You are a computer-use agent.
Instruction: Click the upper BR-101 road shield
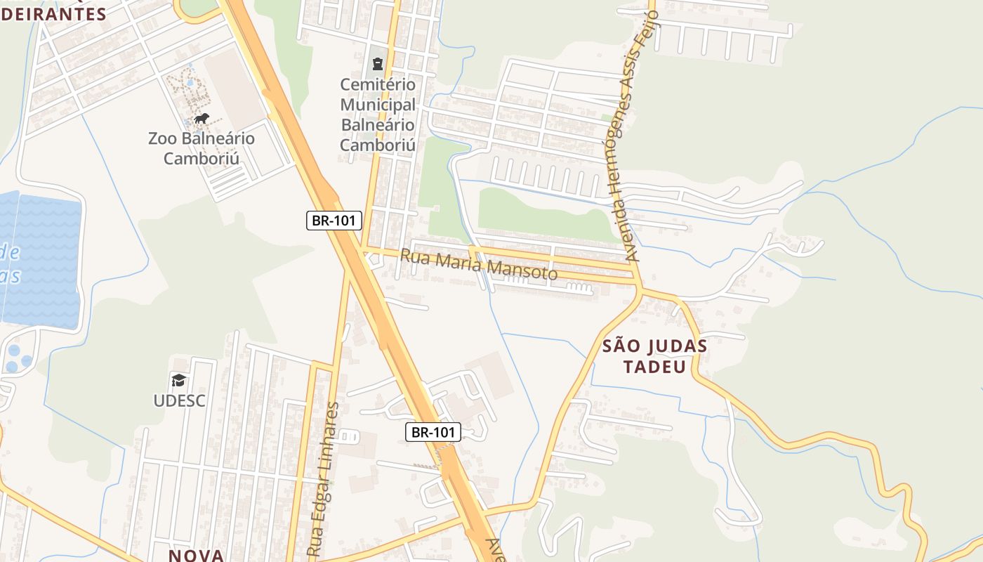point(334,221)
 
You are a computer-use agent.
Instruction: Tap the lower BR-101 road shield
point(433,432)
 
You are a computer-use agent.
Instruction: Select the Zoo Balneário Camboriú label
point(202,148)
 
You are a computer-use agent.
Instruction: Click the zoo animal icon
point(202,118)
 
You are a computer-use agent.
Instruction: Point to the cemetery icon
point(378,64)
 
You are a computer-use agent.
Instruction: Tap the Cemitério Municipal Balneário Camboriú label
point(378,115)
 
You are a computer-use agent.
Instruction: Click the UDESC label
point(180,400)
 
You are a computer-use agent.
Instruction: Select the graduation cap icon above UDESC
point(179,380)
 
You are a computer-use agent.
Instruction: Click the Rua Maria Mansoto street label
point(478,265)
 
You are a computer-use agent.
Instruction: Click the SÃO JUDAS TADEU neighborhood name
point(655,356)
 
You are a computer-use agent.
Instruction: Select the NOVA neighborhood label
point(196,555)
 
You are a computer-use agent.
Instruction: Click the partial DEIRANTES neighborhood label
point(53,14)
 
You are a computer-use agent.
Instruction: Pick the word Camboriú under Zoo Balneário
point(202,158)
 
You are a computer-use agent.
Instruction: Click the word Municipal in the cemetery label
point(378,105)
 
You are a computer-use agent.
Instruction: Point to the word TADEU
point(655,367)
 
